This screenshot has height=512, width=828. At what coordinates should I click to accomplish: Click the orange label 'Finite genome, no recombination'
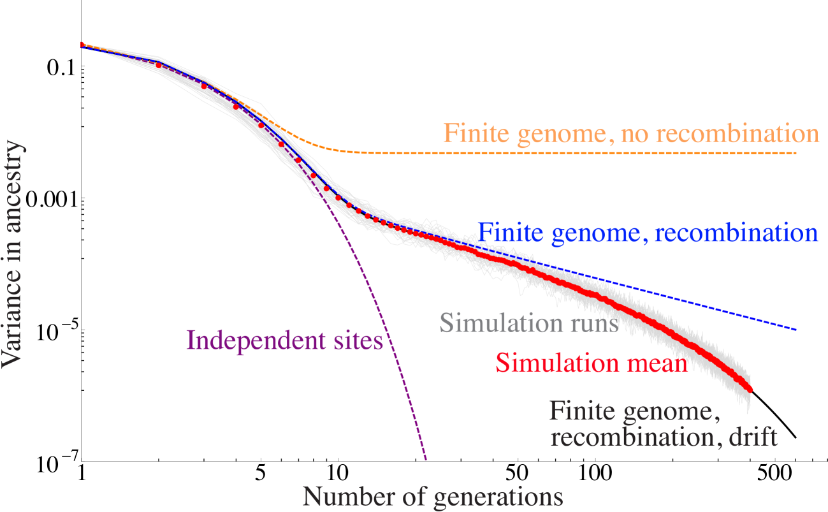pyautogui.click(x=630, y=133)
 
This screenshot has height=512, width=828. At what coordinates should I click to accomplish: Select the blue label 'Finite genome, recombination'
pyautogui.click(x=648, y=232)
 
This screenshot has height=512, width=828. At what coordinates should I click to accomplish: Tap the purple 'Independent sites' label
pyautogui.click(x=285, y=340)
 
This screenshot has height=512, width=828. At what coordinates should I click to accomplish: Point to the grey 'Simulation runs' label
pyautogui.click(x=529, y=323)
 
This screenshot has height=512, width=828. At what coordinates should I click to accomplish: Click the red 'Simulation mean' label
pyautogui.click(x=592, y=363)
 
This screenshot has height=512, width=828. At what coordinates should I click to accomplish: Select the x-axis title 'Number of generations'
pyautogui.click(x=433, y=496)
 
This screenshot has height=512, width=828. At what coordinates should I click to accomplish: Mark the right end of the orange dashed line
pyautogui.click(x=795, y=154)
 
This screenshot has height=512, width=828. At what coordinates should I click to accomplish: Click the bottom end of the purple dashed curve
pyautogui.click(x=425, y=458)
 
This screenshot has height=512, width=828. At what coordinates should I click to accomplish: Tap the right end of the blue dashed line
pyautogui.click(x=795, y=329)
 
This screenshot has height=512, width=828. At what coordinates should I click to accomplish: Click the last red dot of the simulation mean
pyautogui.click(x=750, y=390)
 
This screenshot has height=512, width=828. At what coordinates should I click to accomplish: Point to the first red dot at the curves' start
pyautogui.click(x=82, y=45)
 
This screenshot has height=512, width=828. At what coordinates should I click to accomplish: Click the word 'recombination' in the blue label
pyautogui.click(x=736, y=232)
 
